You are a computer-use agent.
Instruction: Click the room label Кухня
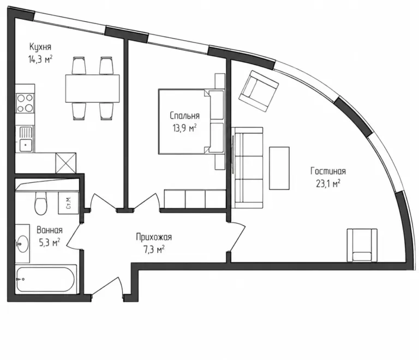(x=40, y=47)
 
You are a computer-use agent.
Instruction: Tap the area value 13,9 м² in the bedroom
(x=184, y=129)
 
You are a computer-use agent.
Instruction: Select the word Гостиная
(x=328, y=171)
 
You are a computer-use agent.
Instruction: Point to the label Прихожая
(x=154, y=237)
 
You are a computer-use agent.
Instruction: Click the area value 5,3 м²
(x=50, y=243)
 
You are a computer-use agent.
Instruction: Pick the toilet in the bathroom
(x=40, y=203)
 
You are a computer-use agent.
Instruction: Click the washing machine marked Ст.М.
(x=69, y=203)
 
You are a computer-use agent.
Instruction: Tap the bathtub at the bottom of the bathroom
(x=46, y=279)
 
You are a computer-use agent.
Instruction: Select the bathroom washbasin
(x=22, y=244)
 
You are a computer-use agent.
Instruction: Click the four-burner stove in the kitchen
(x=25, y=103)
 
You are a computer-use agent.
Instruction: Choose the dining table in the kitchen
(x=92, y=88)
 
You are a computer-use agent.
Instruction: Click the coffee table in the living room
(x=279, y=168)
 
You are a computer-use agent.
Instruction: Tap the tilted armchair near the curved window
(x=259, y=91)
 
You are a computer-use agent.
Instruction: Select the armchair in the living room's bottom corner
(x=362, y=245)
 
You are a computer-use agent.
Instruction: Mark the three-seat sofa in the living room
(x=247, y=167)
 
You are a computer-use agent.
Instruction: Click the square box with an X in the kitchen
(x=65, y=163)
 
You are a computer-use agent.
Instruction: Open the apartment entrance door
(x=107, y=287)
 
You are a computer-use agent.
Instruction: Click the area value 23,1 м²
(x=328, y=184)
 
